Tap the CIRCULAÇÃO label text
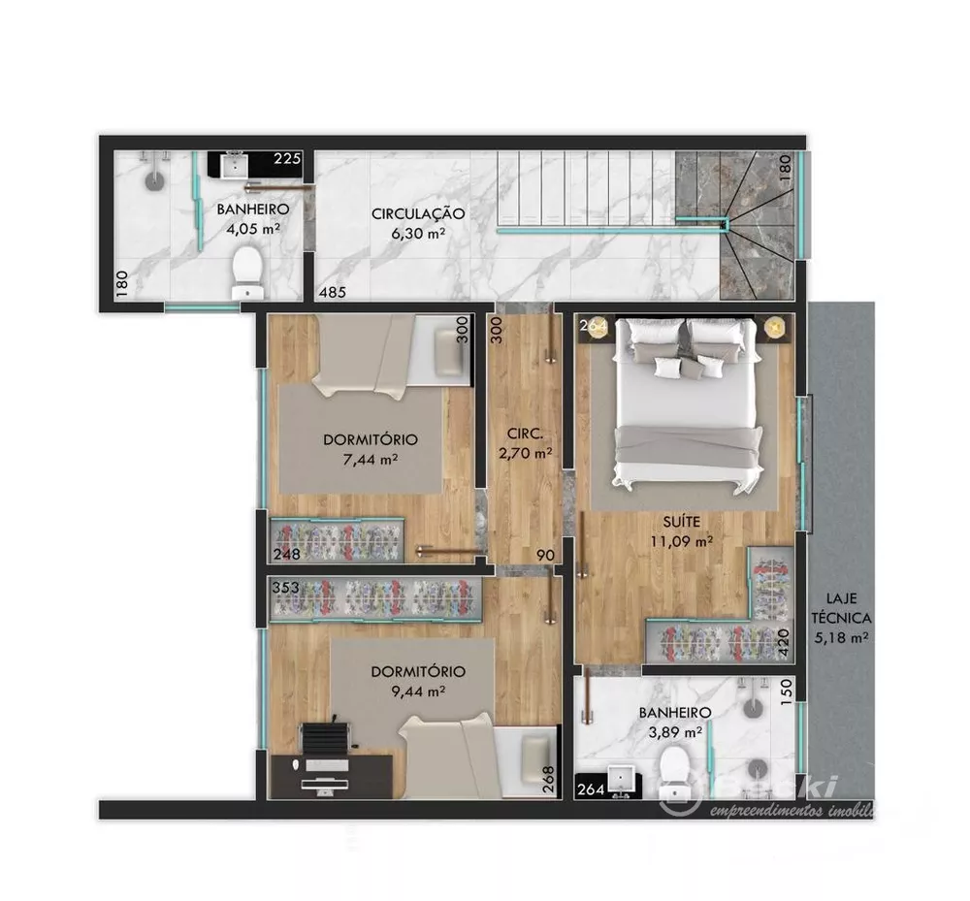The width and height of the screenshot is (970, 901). click(418, 212)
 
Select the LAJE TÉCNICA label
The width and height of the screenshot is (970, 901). click(840, 608)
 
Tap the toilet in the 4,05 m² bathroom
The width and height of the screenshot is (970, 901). click(248, 269)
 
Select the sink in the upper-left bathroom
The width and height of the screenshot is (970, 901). click(235, 166)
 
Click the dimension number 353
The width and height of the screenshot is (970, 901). click(285, 588)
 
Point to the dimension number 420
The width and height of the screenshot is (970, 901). click(785, 642)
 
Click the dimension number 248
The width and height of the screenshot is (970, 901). click(285, 555)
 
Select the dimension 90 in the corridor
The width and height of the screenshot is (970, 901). click(546, 555)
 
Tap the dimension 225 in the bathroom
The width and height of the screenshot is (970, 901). click(287, 159)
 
